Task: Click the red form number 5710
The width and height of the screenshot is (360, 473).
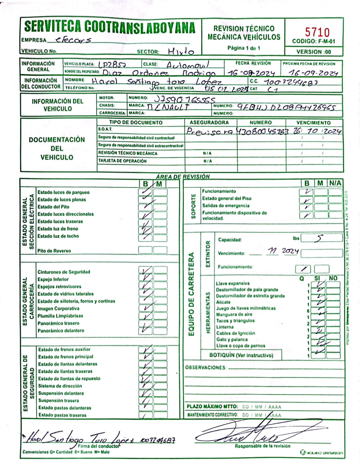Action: pos(317,32)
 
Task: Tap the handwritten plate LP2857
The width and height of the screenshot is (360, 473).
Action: pos(112,65)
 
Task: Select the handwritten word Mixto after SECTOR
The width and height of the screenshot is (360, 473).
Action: pos(181,51)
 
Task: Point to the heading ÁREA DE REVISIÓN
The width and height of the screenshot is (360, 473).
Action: pos(183,177)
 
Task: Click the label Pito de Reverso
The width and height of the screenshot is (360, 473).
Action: pos(54,251)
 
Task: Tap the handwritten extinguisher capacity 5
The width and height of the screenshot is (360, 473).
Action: pos(320,238)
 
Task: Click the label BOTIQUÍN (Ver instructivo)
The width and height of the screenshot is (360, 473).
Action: pos(241,355)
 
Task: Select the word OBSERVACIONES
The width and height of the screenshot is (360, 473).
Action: pos(206,368)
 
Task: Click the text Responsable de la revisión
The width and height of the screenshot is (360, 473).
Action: pos(263,446)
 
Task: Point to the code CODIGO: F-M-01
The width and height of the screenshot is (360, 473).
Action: pos(313,41)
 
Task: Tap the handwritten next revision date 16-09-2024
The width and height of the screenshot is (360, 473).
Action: pos(314,73)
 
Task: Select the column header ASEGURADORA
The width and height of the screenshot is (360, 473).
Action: pos(209,122)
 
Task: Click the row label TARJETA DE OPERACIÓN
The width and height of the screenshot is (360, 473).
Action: pos(122,161)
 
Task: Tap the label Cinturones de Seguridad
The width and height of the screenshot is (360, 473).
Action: pos(64,272)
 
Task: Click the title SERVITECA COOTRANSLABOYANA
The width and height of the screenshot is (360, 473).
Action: pos(110,27)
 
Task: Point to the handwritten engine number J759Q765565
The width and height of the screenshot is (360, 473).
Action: pos(185,100)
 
